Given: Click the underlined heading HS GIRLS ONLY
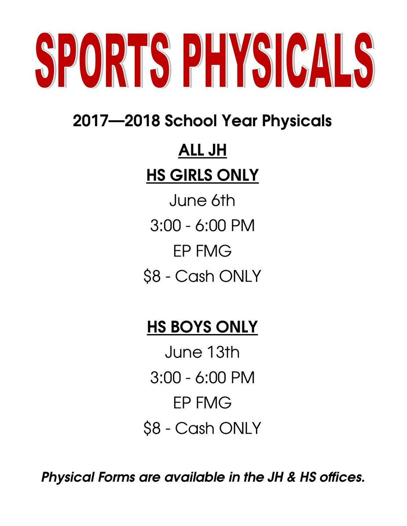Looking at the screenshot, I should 202,176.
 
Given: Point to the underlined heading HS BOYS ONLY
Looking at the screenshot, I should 202,327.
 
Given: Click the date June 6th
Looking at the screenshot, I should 202,201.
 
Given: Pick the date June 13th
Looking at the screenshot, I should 202,352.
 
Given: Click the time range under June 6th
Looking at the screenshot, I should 202,226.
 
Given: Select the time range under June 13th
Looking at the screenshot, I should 202,377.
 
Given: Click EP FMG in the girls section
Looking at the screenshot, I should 202,251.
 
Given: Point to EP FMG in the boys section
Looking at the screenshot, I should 202,402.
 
